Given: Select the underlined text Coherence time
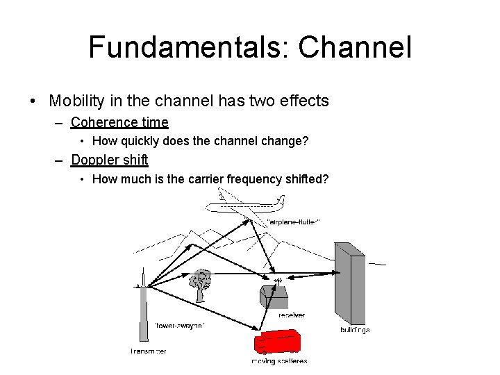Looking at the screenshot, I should click(x=119, y=123).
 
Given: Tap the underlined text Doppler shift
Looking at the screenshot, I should click(x=110, y=160).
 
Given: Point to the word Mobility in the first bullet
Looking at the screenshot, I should click(x=76, y=101).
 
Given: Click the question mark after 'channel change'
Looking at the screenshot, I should click(x=306, y=142).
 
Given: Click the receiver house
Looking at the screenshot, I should click(x=274, y=297).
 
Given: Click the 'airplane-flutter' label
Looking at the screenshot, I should click(x=293, y=222).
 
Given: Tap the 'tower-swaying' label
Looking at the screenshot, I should click(x=180, y=325).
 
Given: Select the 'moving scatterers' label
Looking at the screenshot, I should click(x=279, y=361).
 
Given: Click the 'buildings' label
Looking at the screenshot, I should click(x=355, y=329).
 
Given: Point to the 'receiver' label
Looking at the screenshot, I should click(x=291, y=315).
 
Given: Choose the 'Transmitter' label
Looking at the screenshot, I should click(x=148, y=351).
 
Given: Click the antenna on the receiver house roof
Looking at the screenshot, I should click(x=278, y=280).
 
